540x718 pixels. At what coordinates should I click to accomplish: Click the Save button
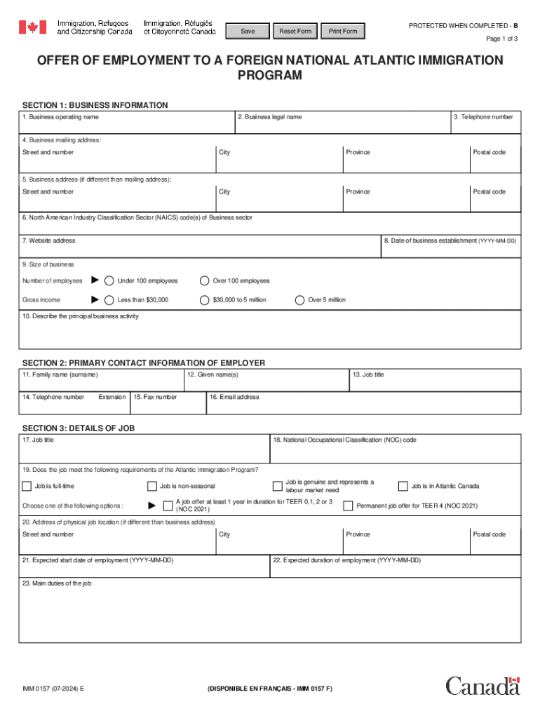(x=248, y=32)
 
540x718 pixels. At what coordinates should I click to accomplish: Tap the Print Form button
(x=343, y=32)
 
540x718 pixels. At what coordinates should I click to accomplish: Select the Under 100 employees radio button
(x=109, y=281)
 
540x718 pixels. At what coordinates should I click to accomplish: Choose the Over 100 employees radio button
(x=204, y=281)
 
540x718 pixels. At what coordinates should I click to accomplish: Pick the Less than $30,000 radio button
(x=109, y=300)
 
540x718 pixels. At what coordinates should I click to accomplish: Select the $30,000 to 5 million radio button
(x=204, y=300)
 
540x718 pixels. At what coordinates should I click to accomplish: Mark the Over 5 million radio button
(x=299, y=300)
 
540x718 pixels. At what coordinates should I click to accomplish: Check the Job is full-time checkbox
(x=27, y=486)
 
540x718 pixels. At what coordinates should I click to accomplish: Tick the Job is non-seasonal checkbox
(x=152, y=486)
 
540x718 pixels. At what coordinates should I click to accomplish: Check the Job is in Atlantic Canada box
(x=403, y=486)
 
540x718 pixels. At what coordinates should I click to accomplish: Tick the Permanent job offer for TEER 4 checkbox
(x=348, y=506)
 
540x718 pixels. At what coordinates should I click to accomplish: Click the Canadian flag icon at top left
(x=32, y=27)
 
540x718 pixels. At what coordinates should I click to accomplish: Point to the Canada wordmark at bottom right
(x=482, y=686)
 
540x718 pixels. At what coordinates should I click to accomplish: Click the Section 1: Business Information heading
(x=95, y=105)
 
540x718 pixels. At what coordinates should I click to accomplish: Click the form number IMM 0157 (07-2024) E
(x=53, y=689)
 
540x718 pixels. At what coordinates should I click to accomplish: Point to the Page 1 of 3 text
(x=502, y=39)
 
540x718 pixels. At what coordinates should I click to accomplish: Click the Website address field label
(x=49, y=241)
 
